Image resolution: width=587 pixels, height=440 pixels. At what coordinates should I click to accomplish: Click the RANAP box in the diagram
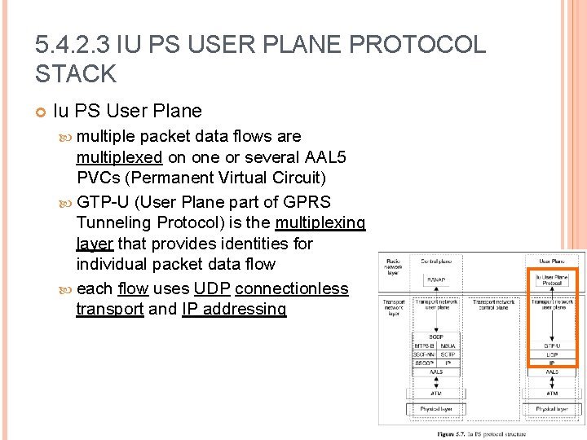tap(435, 279)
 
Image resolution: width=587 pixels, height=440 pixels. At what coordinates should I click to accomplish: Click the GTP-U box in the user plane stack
tap(552, 345)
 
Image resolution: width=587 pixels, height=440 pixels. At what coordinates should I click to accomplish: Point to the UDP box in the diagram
tap(552, 354)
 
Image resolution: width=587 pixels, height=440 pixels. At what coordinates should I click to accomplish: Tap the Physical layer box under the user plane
tap(552, 408)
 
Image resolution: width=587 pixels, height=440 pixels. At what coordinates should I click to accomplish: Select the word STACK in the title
tap(76, 74)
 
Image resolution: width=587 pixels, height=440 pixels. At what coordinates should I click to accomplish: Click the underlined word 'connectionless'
tap(292, 288)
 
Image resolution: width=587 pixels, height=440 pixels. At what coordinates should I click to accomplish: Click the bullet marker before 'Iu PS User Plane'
tap(41, 111)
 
